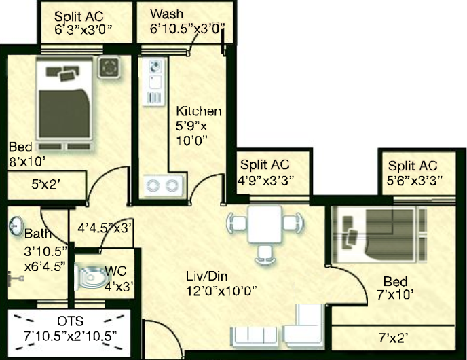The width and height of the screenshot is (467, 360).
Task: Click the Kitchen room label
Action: click(198, 111)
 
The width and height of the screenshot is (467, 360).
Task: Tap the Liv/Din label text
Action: click(207, 276)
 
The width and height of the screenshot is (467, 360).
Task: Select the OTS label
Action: click(71, 321)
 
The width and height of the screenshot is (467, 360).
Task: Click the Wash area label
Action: click(166, 14)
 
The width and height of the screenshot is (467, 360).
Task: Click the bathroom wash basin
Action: click(16, 226)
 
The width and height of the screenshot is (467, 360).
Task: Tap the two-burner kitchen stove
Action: click(164, 185)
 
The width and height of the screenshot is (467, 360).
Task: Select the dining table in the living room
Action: click(265, 224)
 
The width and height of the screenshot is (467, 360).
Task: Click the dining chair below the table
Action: click(265, 254)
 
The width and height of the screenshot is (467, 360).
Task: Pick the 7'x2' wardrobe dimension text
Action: click(393, 338)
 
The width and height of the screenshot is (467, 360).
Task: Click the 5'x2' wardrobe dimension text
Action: click(46, 185)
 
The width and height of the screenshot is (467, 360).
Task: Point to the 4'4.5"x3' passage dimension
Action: click(105, 228)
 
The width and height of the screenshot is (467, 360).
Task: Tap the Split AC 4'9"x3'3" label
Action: click(265, 173)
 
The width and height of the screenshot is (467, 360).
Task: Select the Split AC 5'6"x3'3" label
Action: click(413, 173)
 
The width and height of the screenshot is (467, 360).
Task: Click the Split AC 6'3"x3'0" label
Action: click(83, 23)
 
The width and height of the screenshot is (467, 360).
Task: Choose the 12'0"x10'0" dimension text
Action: click(221, 291)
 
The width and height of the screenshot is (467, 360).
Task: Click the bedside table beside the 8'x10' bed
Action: click(109, 67)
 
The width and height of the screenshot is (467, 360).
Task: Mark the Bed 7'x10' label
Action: click(395, 288)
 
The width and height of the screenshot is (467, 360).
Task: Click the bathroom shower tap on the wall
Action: click(17, 278)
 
